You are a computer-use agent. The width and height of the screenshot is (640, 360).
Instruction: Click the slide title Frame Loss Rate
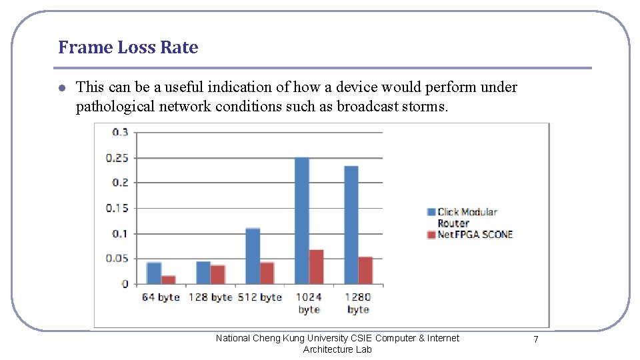point(128,47)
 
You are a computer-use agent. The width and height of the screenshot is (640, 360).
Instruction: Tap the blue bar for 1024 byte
point(302,221)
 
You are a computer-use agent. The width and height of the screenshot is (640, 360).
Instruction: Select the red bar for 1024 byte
point(317,267)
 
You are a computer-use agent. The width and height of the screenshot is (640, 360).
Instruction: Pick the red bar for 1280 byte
point(365,270)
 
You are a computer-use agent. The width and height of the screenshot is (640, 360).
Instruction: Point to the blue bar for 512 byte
point(253,256)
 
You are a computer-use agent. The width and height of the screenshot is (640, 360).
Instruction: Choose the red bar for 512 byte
point(267,273)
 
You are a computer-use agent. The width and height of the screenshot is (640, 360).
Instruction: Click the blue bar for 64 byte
point(154,273)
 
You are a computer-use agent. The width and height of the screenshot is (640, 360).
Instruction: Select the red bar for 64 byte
point(169,279)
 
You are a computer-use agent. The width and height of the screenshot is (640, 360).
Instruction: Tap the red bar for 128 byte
point(218,274)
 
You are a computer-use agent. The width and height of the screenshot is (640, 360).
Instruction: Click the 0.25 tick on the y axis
point(117,158)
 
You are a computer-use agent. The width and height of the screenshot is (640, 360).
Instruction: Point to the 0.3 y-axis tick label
point(121,132)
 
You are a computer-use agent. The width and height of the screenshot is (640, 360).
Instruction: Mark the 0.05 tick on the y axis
point(117,259)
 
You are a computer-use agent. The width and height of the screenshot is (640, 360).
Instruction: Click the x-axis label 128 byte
point(210,297)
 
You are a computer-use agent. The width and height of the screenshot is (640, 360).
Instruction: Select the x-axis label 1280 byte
point(358,303)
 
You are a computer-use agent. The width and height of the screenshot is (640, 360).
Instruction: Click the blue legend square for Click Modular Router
point(431,213)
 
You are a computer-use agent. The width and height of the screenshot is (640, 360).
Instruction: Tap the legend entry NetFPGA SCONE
point(475,235)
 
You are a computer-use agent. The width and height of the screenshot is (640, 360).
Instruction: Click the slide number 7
point(535,340)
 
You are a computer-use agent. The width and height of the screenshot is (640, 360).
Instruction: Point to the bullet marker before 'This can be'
point(61,88)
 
